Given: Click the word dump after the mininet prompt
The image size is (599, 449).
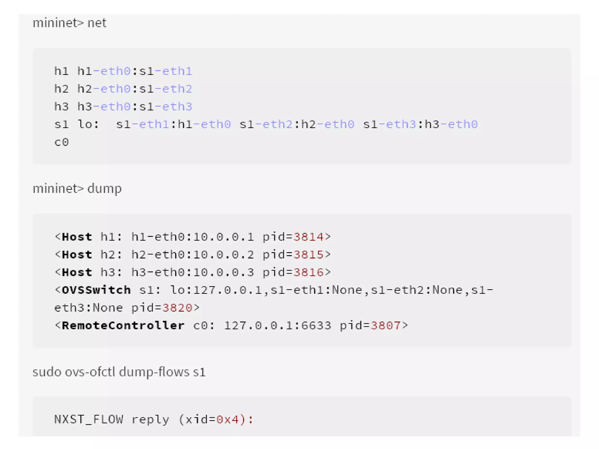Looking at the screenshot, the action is pyautogui.click(x=104, y=189).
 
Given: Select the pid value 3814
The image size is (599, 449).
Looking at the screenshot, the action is pyautogui.click(x=308, y=237).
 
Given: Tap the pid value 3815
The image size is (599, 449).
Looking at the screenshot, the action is pyautogui.click(x=308, y=255).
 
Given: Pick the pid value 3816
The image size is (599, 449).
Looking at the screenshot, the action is pyautogui.click(x=308, y=272).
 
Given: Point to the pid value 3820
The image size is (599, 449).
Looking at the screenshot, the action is pyautogui.click(x=177, y=308).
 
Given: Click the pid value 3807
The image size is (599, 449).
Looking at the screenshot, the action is pyautogui.click(x=385, y=326).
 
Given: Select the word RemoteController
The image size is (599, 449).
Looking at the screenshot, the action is pyautogui.click(x=123, y=326).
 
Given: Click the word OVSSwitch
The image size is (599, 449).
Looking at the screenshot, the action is pyautogui.click(x=96, y=290).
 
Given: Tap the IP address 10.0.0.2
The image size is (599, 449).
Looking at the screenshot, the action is pyautogui.click(x=223, y=255).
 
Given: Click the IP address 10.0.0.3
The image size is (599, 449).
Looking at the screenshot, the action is pyautogui.click(x=223, y=272).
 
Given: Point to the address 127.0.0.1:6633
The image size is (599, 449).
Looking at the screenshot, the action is pyautogui.click(x=278, y=326).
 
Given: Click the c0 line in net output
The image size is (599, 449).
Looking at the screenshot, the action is pyautogui.click(x=62, y=142).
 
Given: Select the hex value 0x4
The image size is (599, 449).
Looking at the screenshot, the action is pyautogui.click(x=228, y=420).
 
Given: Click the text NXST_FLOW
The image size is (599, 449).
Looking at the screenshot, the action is pyautogui.click(x=89, y=420).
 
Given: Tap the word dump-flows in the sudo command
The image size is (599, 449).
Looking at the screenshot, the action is pyautogui.click(x=154, y=372).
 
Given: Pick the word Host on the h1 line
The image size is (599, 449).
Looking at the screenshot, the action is pyautogui.click(x=77, y=237).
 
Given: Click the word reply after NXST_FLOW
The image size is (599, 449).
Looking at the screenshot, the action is pyautogui.click(x=150, y=420).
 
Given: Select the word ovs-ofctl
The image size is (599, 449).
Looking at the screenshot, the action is pyautogui.click(x=90, y=372).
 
